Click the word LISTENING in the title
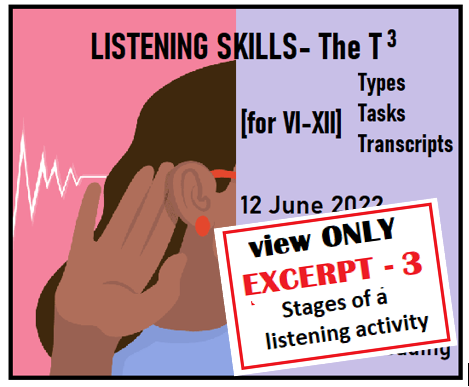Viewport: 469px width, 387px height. (145, 46)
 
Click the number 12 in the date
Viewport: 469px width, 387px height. (257, 198)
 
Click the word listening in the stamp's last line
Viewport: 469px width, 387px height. (306, 338)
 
